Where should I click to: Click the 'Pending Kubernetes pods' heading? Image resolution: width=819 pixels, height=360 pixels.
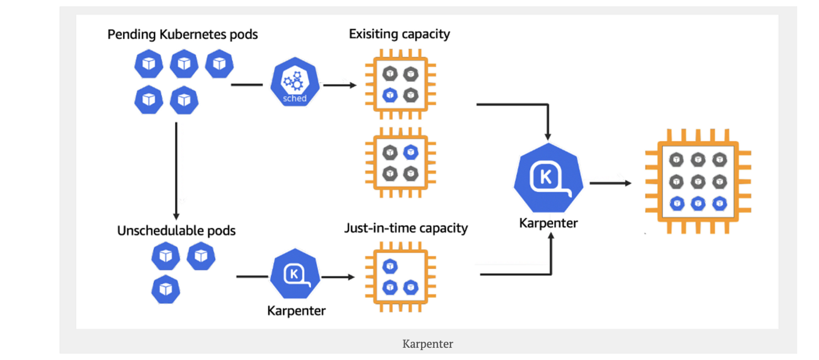pos(182,34)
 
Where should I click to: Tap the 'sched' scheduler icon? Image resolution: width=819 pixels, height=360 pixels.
pos(294,84)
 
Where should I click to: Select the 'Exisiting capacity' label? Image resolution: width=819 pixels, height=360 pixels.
pos(399,34)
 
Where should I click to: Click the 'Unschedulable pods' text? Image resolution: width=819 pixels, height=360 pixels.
pos(176,231)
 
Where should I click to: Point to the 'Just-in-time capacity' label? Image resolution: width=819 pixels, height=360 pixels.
pos(406,228)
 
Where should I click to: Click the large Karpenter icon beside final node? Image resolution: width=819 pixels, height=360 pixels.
pos(548,178)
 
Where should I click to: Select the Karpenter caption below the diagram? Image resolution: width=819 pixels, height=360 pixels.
pos(428,344)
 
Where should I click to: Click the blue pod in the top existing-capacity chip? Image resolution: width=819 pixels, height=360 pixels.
pos(390,95)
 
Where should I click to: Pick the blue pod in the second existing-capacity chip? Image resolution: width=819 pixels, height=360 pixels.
pos(411,152)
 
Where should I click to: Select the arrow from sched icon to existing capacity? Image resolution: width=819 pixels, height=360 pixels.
pos(340,85)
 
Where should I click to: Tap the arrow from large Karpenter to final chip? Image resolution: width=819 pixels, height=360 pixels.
pos(610,183)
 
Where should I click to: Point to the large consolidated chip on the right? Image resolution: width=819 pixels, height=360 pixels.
pos(698,181)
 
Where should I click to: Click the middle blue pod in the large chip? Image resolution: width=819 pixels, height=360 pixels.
pos(698,203)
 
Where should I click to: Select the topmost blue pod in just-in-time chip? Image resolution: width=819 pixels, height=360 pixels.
pos(390,265)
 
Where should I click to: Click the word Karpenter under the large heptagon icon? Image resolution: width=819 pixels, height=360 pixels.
pos(548,223)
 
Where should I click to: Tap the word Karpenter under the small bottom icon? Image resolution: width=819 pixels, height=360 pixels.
pos(296,311)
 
